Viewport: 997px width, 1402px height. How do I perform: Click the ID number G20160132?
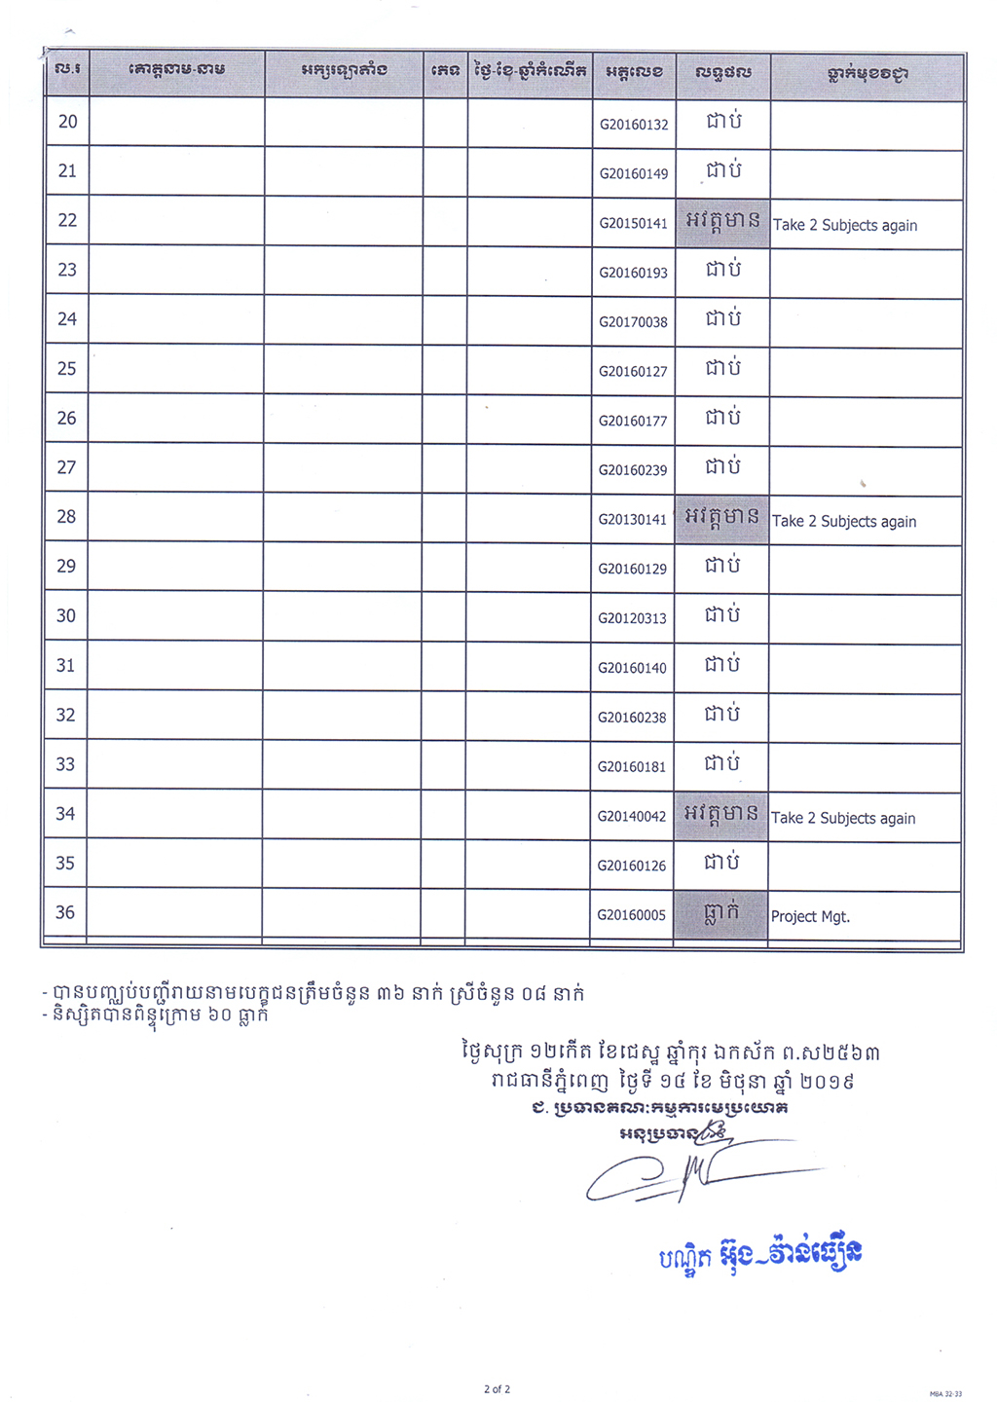(x=634, y=125)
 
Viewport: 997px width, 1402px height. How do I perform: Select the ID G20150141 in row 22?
(x=633, y=223)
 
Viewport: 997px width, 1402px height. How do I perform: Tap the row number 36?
(x=65, y=912)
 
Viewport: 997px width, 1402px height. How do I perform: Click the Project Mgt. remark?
(x=810, y=916)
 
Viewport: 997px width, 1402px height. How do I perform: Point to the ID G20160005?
(x=632, y=915)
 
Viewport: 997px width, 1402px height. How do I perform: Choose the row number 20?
(x=68, y=122)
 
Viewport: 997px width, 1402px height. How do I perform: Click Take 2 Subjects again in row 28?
(x=844, y=521)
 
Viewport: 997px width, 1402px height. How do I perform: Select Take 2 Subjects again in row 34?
(x=843, y=818)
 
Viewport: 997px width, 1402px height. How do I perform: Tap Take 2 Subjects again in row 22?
(x=845, y=225)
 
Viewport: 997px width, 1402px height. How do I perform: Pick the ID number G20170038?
(x=633, y=322)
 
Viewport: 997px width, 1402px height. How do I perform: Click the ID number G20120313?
(x=632, y=618)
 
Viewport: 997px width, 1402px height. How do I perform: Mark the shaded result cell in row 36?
(x=721, y=913)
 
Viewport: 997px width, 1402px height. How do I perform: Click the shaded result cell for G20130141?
(x=722, y=517)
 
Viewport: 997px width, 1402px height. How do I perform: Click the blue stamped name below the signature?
(x=760, y=1255)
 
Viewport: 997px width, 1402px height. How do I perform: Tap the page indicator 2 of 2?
(x=497, y=1389)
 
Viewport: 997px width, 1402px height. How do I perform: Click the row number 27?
(x=66, y=467)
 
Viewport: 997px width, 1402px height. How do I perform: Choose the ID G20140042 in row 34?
(x=632, y=816)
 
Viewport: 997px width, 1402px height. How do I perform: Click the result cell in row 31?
(x=722, y=665)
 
